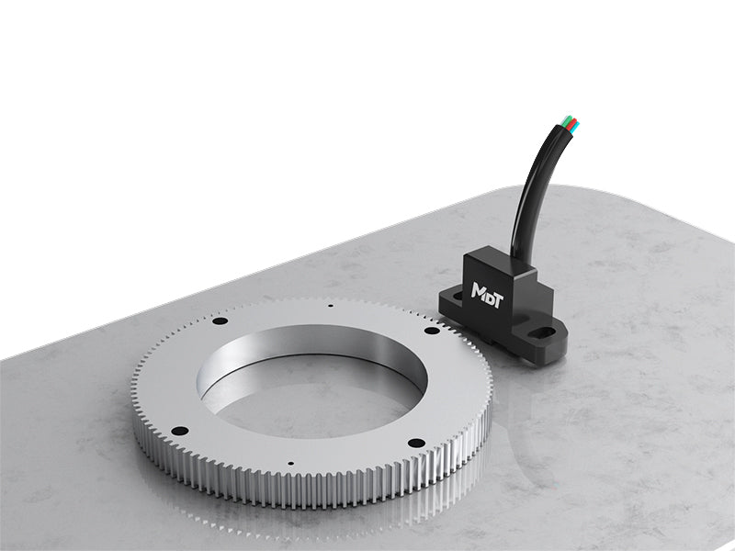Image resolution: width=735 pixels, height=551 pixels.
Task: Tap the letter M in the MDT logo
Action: (479, 290)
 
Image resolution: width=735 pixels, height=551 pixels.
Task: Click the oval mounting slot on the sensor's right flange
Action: (544, 333)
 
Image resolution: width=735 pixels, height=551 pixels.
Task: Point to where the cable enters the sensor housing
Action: (520, 258)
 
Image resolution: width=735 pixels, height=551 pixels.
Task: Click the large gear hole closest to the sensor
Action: (431, 331)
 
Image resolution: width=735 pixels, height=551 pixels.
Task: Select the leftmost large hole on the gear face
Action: (179, 430)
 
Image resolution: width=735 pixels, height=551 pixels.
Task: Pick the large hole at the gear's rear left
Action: (219, 321)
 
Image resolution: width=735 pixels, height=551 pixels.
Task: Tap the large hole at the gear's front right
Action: (415, 443)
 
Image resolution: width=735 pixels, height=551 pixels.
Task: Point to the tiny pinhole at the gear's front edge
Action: (288, 464)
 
